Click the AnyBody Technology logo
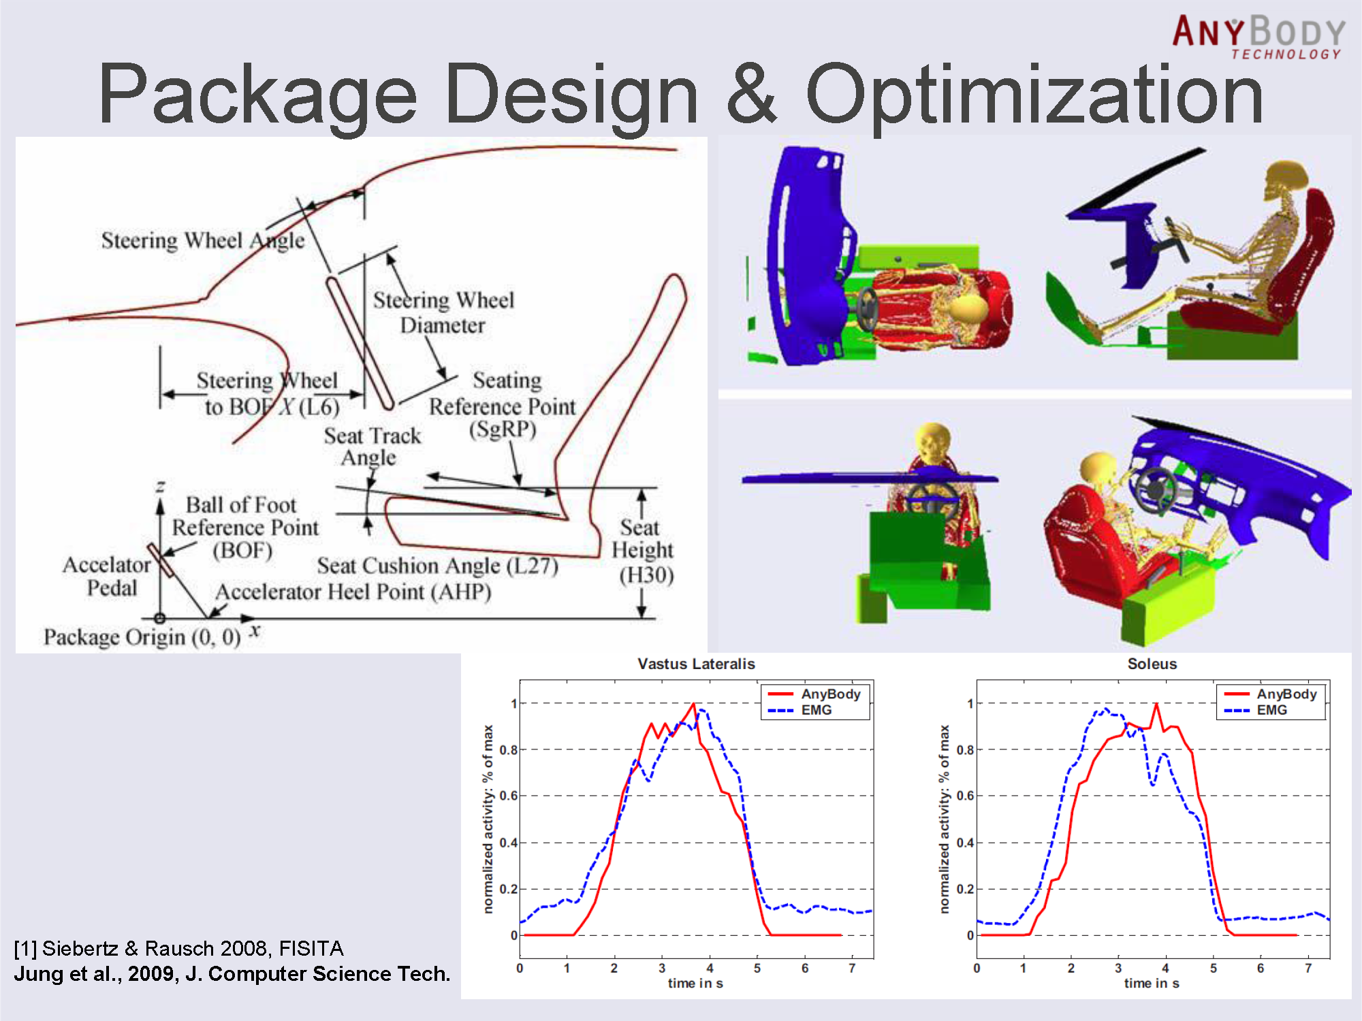(1258, 37)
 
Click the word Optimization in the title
(1034, 95)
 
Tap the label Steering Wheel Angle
(203, 241)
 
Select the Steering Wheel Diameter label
(443, 312)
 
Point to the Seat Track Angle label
(372, 447)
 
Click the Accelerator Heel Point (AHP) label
(353, 592)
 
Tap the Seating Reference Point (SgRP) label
(503, 405)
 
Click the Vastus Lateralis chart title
(696, 664)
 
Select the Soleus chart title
(1152, 664)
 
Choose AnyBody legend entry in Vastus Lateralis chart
(814, 694)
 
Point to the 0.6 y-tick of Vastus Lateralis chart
(508, 796)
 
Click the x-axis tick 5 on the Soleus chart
(1214, 968)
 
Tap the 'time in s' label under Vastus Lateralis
(695, 984)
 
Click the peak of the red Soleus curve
(1156, 704)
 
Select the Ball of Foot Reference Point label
(244, 528)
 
